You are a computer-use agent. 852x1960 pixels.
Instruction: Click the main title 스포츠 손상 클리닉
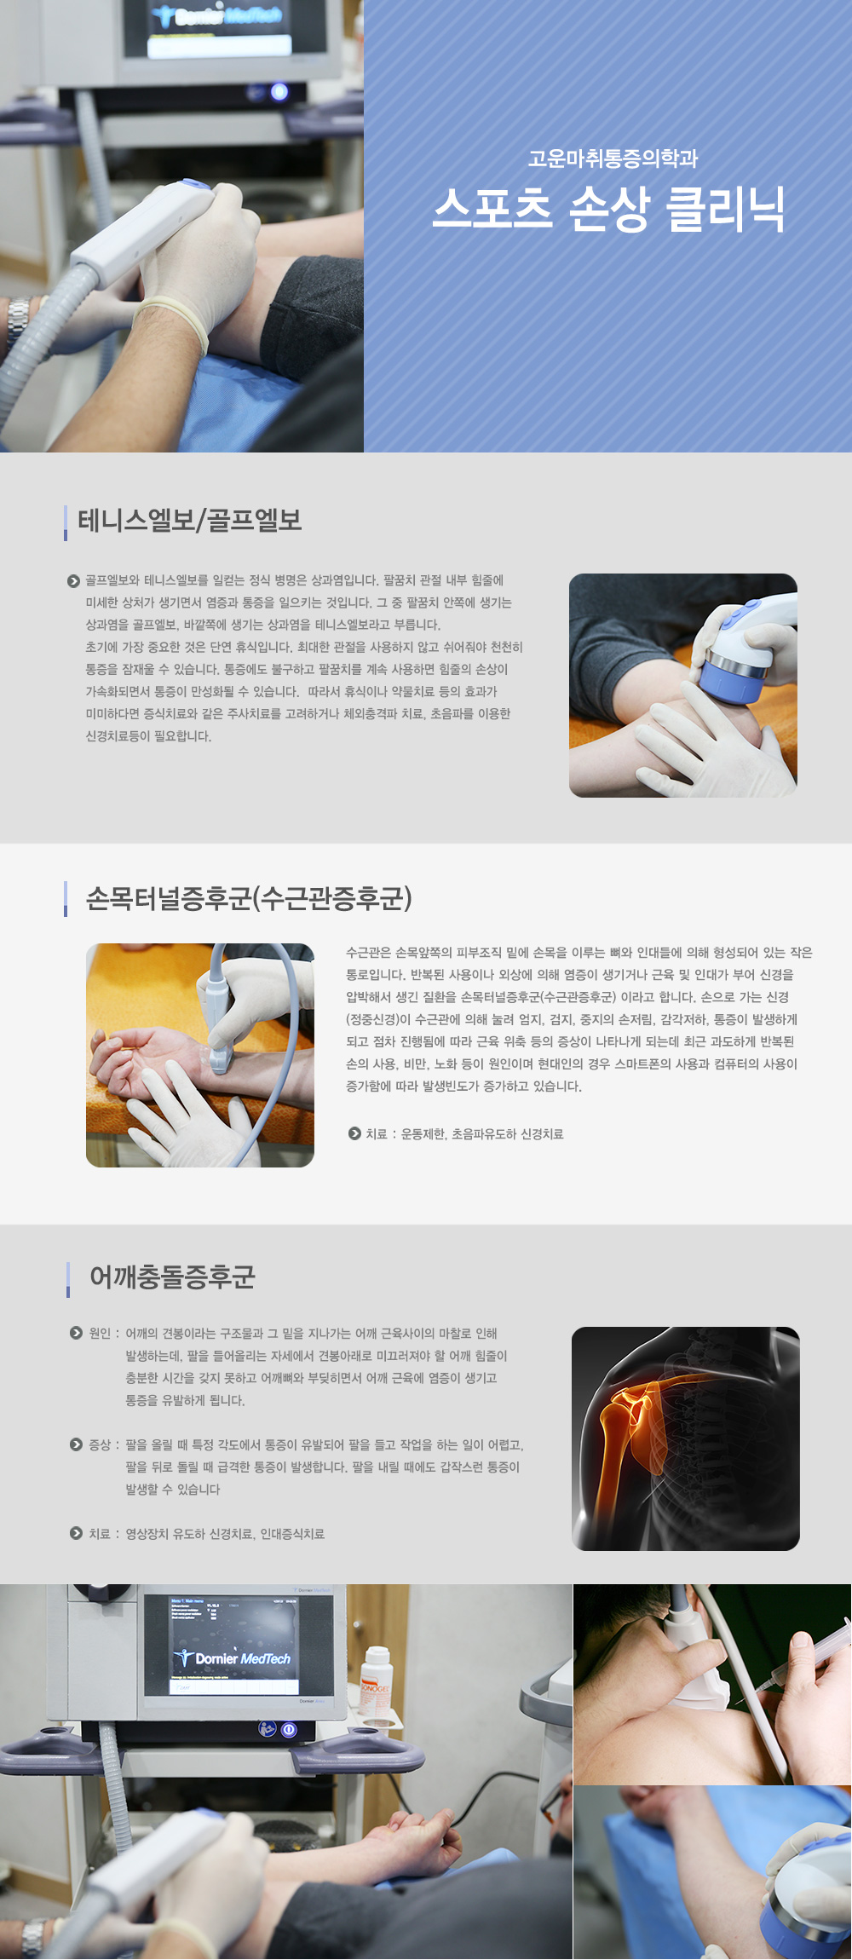608,210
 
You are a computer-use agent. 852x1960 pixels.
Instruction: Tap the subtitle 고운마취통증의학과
613,159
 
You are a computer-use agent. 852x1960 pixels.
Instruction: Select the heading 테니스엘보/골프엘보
190,520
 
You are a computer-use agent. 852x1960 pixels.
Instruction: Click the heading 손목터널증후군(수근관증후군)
249,898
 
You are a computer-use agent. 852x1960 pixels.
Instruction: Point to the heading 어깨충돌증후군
172,1277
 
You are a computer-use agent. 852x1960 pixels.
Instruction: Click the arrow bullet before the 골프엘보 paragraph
73,581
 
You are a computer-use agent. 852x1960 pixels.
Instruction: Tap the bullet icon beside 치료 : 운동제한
354,1133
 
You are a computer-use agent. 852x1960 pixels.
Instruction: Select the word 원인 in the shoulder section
100,1334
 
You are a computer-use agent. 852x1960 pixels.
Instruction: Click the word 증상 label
100,1445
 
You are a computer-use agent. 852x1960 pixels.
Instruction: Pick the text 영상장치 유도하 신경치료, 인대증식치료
225,1534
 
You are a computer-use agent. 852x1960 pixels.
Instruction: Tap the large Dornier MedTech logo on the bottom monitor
233,1658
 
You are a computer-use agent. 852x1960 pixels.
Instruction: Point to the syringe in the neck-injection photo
797,1662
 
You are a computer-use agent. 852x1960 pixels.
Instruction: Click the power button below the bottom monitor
289,1729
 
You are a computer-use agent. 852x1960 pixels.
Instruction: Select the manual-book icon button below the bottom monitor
268,1729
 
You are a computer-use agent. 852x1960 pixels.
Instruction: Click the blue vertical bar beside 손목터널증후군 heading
66,898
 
